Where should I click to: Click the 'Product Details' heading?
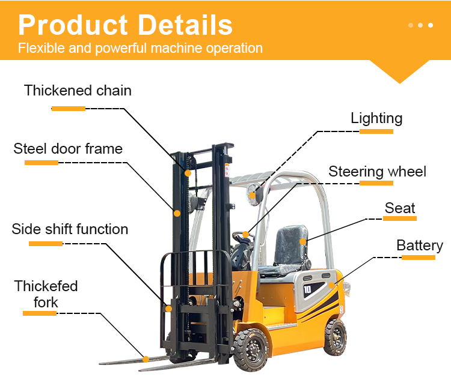click(x=125, y=25)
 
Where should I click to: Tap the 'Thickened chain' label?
click(x=78, y=91)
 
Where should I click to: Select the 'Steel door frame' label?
click(x=68, y=149)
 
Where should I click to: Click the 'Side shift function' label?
click(x=70, y=229)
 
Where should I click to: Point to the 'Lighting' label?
click(x=376, y=118)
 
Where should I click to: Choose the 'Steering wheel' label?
click(x=377, y=172)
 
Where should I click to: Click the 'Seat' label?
click(x=400, y=208)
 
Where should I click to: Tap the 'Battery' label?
click(x=419, y=246)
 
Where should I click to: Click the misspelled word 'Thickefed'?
click(x=46, y=286)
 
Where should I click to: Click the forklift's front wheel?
click(x=251, y=348)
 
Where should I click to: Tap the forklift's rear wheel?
click(x=335, y=336)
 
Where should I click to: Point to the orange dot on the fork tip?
click(x=145, y=359)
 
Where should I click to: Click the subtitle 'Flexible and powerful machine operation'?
click(x=140, y=48)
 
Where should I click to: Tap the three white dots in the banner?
click(x=420, y=25)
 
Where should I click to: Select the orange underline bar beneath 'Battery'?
click(x=419, y=258)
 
